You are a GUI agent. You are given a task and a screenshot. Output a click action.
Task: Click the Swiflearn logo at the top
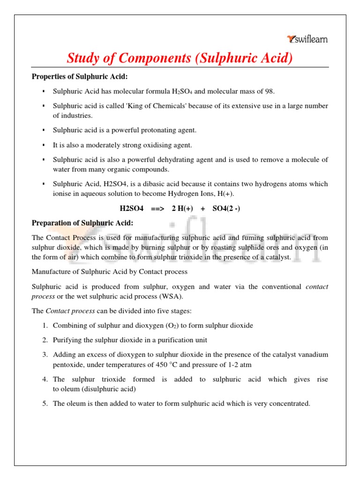(307, 39)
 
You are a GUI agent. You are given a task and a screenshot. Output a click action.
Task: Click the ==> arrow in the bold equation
(157, 208)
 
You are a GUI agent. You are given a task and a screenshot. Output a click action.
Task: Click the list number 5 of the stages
(45, 403)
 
